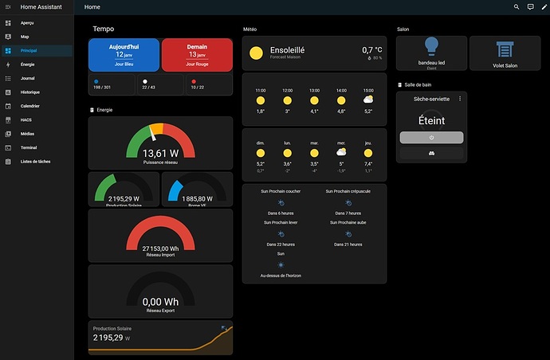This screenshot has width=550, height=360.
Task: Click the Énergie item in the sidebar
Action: (x=27, y=64)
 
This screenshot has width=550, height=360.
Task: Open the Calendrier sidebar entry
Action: (x=29, y=106)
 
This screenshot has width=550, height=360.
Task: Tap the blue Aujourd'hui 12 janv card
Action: (x=124, y=54)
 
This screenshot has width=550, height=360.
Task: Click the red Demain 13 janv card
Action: (x=197, y=54)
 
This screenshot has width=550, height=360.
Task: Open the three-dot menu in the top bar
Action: (x=543, y=7)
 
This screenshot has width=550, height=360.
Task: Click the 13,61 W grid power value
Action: (x=160, y=153)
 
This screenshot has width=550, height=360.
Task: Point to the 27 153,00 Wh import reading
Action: (x=160, y=248)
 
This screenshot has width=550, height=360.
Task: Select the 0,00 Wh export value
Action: (x=160, y=302)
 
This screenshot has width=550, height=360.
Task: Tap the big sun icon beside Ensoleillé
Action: (x=256, y=53)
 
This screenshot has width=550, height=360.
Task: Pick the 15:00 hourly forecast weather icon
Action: (x=367, y=100)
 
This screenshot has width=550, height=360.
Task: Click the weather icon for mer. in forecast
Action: (x=341, y=152)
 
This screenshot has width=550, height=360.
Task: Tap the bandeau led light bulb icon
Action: (x=431, y=46)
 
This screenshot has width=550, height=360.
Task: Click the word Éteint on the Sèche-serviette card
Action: (x=431, y=121)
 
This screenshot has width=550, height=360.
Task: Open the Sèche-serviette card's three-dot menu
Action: (x=460, y=98)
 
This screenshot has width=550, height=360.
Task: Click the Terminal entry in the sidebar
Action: (x=29, y=148)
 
